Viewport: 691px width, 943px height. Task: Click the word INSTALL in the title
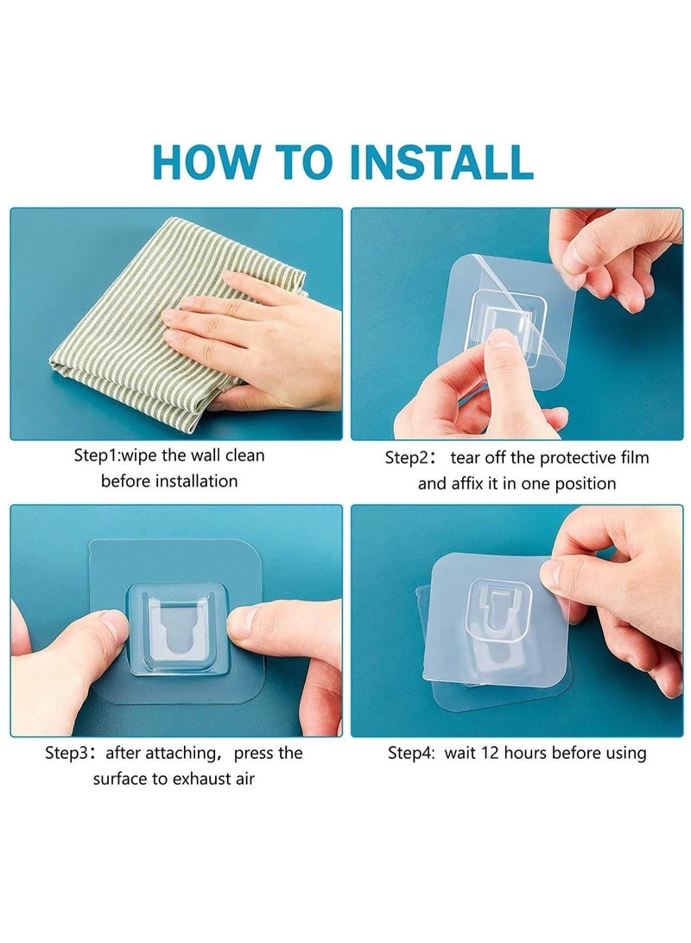pos(441,161)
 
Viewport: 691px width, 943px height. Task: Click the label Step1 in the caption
pos(96,456)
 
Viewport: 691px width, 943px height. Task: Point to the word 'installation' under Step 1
pos(196,481)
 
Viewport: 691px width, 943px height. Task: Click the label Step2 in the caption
pos(408,458)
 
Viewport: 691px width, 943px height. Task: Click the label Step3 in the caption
pos(67,754)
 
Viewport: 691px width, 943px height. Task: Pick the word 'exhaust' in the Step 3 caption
pos(202,780)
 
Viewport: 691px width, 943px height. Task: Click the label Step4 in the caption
pos(409,754)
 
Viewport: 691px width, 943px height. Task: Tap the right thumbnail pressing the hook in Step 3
pos(244,622)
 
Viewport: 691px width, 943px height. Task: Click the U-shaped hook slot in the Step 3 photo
pos(177,638)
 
